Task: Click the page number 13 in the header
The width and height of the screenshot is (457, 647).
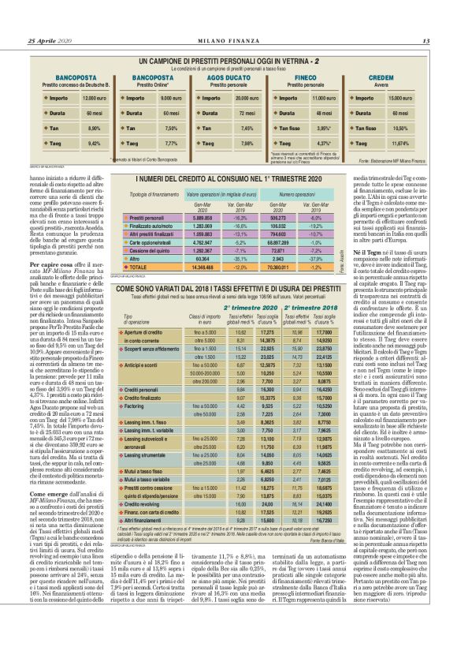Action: pos(425,41)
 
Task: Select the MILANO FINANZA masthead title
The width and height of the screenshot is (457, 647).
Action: pos(228,41)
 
